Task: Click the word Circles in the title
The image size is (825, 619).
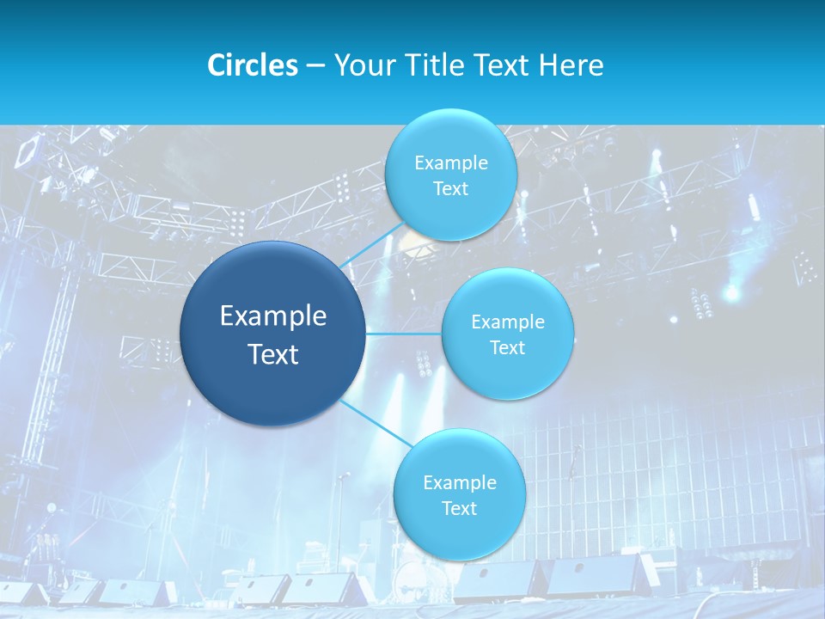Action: (252, 65)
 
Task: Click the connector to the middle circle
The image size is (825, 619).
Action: (404, 334)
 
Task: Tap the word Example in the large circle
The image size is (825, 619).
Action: (273, 316)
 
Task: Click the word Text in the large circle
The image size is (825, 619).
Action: (273, 354)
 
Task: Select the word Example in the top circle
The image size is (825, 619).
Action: (450, 163)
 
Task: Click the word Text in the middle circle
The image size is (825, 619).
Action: (507, 348)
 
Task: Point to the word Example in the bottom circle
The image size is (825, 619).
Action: (459, 482)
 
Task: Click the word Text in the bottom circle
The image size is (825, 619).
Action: (459, 509)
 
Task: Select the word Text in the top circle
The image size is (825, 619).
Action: (450, 189)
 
